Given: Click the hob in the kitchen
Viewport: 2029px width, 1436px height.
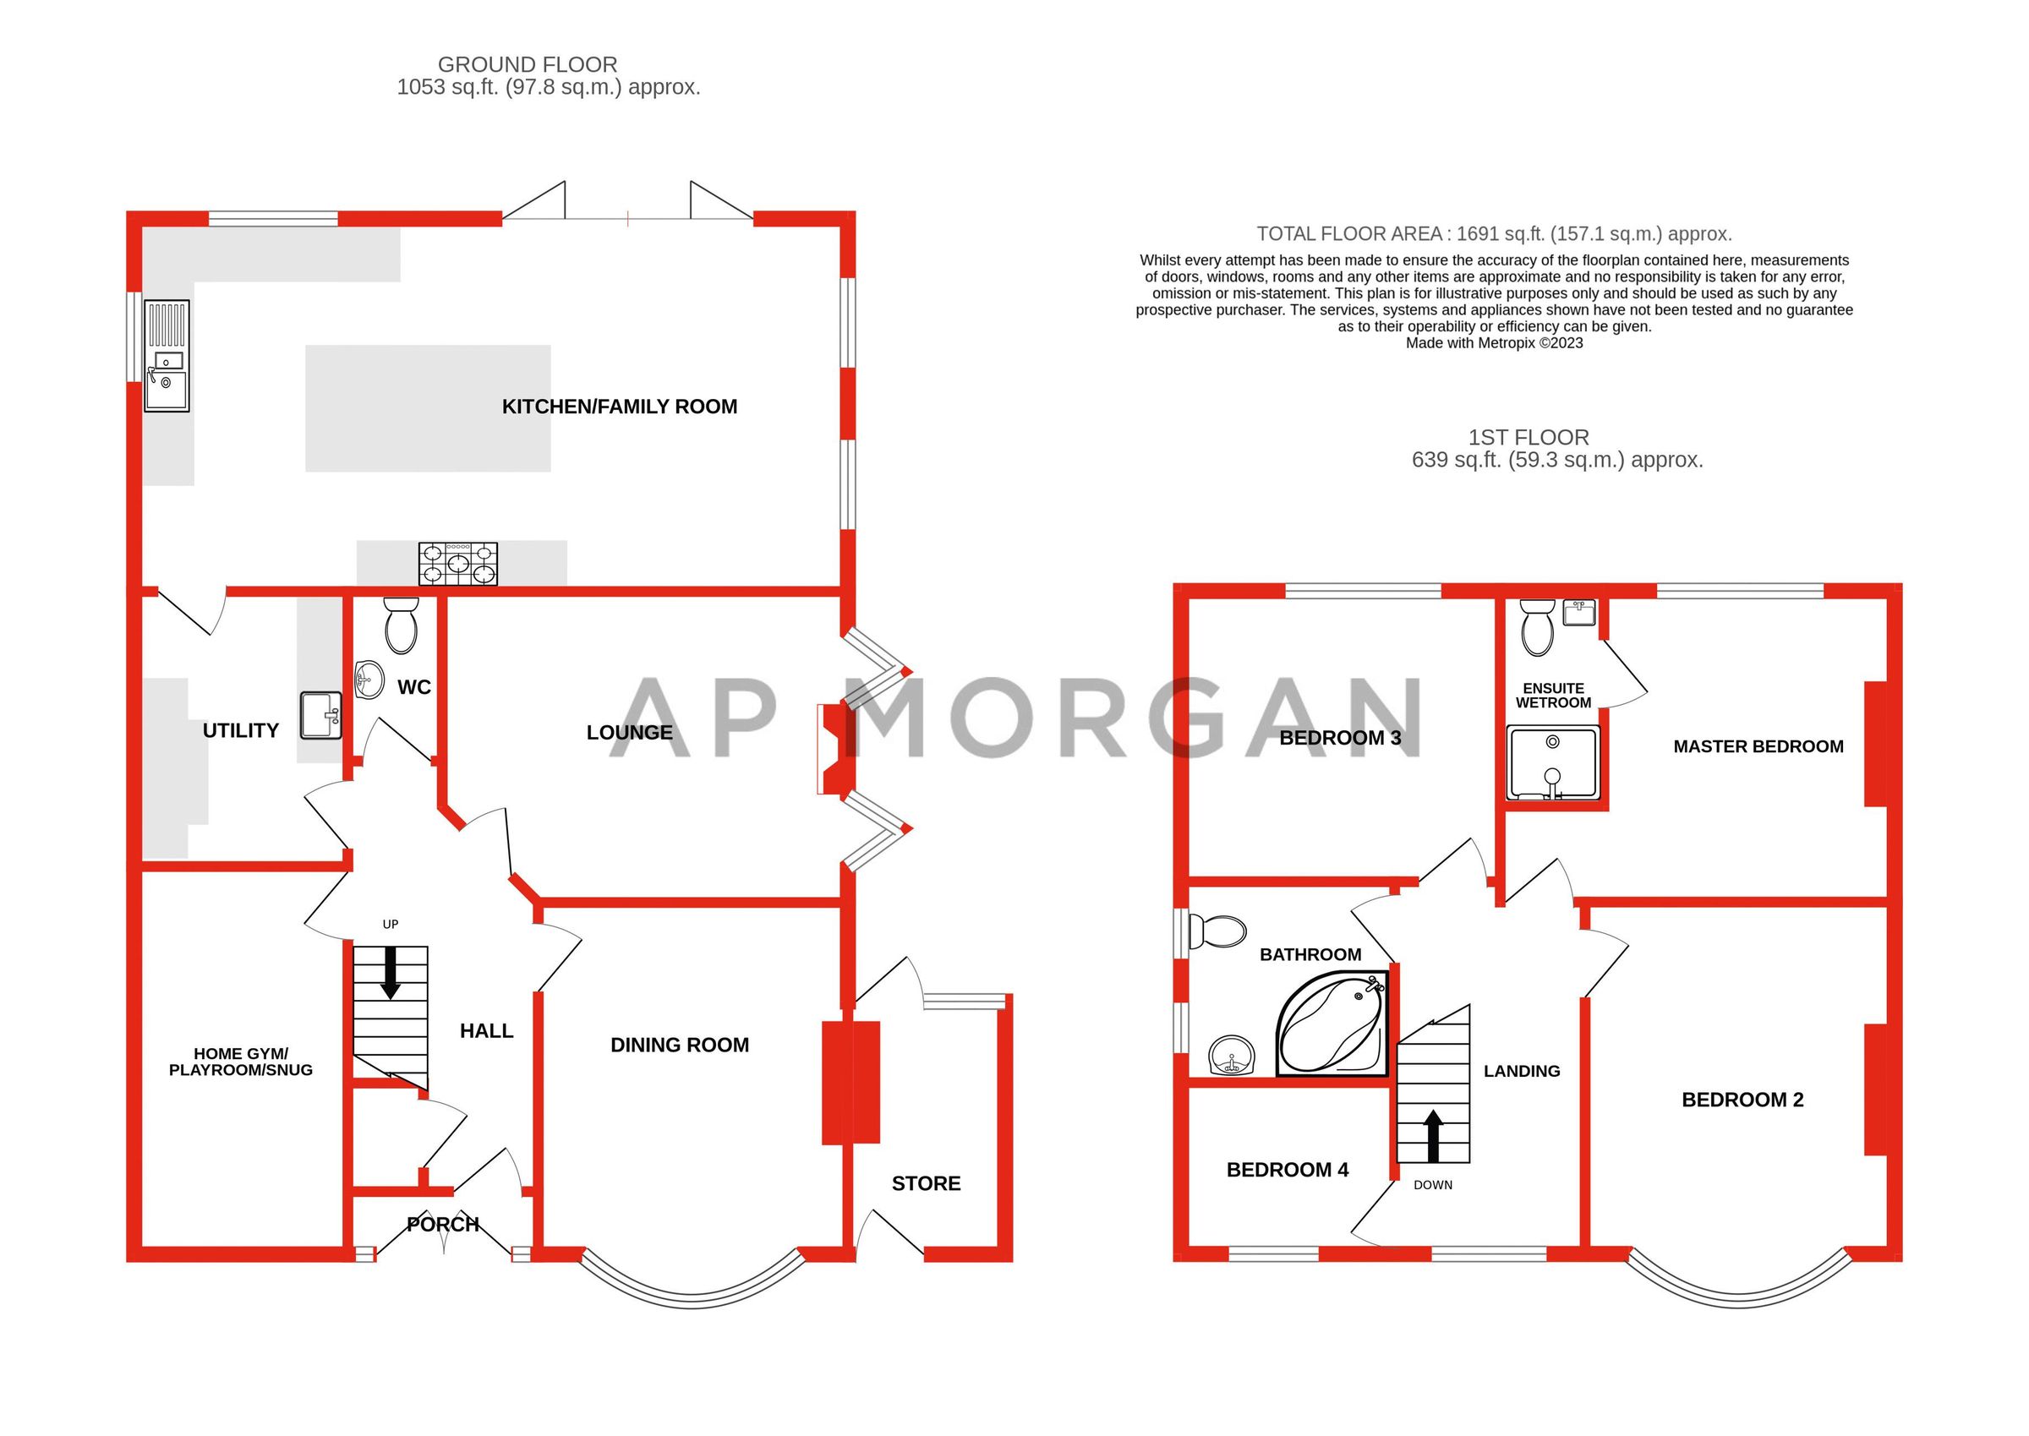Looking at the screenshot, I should [457, 563].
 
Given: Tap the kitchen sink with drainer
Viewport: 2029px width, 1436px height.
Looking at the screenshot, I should [167, 356].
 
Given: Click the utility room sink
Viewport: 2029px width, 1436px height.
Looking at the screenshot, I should [320, 715].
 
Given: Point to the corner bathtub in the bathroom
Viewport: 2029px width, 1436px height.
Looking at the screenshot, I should [1332, 1026].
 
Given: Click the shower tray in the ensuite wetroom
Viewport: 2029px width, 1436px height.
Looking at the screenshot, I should [1552, 763].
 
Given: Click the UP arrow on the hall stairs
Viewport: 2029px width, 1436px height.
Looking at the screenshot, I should [390, 972].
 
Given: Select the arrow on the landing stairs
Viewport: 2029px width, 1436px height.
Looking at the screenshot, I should [1433, 1136].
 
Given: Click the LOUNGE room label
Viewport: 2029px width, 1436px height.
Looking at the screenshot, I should [629, 732].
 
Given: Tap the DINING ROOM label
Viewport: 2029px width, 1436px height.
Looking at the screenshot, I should [679, 1046].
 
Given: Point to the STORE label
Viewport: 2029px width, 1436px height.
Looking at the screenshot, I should [925, 1183].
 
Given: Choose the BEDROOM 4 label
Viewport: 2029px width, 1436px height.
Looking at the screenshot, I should [1287, 1170].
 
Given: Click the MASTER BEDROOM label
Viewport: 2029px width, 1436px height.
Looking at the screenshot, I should [1758, 746].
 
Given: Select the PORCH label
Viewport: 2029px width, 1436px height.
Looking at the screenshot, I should [442, 1224].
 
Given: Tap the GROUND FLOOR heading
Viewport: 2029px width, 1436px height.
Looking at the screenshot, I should [528, 64].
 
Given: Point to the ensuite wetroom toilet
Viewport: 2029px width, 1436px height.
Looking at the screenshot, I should [1537, 626].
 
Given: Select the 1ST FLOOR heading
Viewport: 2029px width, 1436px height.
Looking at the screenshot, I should [1529, 437].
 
